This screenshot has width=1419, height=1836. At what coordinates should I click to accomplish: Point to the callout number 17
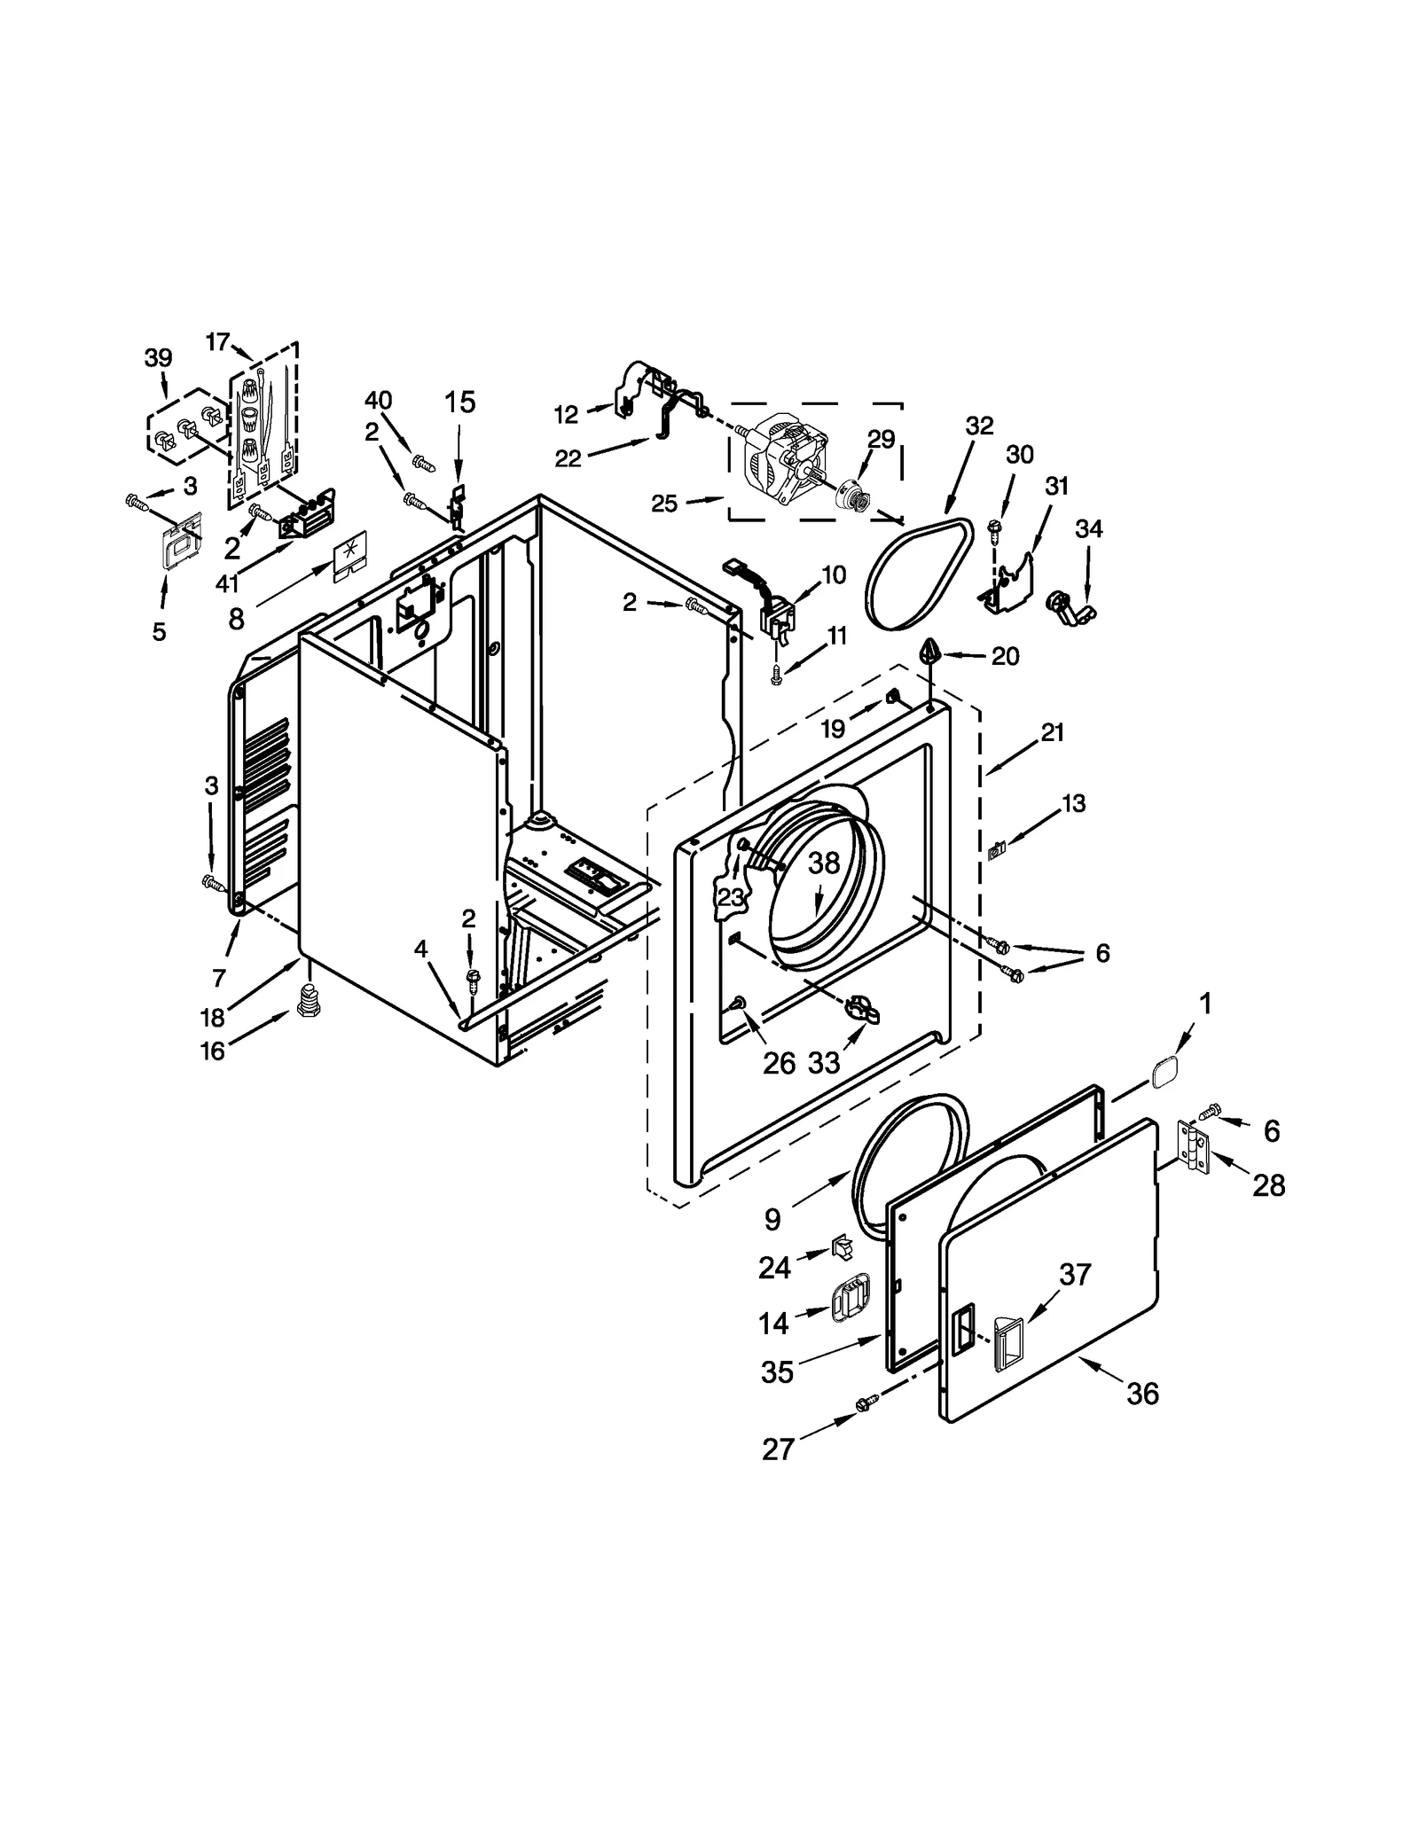[x=217, y=341]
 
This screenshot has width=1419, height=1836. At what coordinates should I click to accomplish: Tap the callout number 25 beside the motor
[x=664, y=504]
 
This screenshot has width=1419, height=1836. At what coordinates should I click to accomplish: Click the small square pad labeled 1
[x=1164, y=1076]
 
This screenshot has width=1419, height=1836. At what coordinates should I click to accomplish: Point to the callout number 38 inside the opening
[x=824, y=863]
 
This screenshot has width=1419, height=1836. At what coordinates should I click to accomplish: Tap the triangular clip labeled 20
[x=930, y=652]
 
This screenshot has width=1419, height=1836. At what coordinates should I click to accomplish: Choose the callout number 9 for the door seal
[x=772, y=1220]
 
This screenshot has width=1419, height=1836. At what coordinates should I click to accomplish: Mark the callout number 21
[x=1053, y=732]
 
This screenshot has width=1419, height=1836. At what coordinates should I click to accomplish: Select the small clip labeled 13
[x=995, y=850]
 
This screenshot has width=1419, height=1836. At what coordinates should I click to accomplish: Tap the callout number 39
[x=158, y=358]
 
